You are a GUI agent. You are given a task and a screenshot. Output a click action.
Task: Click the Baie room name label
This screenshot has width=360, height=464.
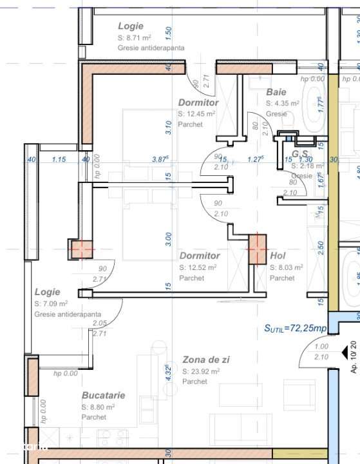coord(276,92)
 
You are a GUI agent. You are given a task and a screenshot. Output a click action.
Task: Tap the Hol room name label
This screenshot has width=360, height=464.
coord(278,256)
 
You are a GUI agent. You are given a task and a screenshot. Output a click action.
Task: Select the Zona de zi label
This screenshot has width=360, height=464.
coord(205,360)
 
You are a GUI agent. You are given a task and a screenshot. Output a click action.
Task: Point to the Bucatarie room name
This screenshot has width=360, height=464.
coord(103,396)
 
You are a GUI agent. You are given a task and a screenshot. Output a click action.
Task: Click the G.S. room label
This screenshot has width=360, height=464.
coord(300,155)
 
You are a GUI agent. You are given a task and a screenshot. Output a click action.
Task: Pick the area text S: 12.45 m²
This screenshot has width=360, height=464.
coord(196,113)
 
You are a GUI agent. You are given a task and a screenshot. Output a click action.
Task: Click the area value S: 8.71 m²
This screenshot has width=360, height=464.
coord(134,38)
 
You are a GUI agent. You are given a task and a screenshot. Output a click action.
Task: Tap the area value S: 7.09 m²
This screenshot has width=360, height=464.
coord(51,303)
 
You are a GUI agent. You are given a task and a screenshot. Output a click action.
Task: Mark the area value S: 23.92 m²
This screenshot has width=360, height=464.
coord(201,371)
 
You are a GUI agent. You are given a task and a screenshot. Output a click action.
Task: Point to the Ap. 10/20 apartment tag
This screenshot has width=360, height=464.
coord(353,358)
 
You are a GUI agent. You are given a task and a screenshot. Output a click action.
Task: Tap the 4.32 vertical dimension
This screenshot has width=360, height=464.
coord(168,374)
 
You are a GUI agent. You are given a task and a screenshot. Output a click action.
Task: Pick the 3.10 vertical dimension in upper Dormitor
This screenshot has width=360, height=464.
coord(168,128)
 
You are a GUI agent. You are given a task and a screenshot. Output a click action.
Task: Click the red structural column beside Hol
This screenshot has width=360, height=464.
coord(258,249)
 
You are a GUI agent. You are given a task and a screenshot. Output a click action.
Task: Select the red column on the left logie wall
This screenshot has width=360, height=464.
coord(81,249)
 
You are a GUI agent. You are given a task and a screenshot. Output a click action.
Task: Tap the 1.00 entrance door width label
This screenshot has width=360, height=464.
coord(321,347)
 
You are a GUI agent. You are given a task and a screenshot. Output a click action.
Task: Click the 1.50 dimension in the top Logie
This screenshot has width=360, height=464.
coord(168,30)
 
